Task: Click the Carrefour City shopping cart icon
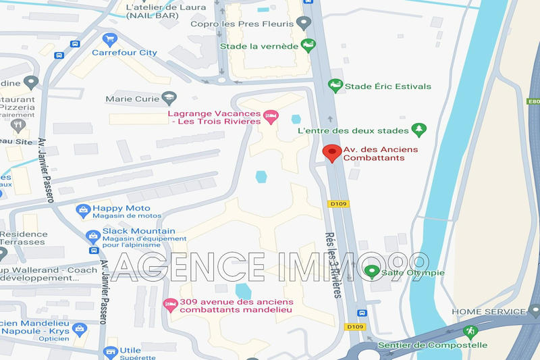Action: (x=110, y=38)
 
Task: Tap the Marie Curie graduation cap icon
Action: (x=167, y=99)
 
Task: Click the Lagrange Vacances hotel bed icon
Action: (x=271, y=117)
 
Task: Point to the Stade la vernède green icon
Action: (x=308, y=45)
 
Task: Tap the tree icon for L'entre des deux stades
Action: (x=419, y=129)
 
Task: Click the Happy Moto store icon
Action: (x=83, y=211)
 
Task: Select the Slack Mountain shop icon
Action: (x=93, y=236)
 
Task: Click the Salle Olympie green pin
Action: (x=371, y=272)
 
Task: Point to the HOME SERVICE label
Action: (x=488, y=311)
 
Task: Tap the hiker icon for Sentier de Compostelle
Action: (x=470, y=332)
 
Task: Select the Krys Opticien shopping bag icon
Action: (x=80, y=330)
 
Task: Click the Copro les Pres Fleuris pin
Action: (x=304, y=24)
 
